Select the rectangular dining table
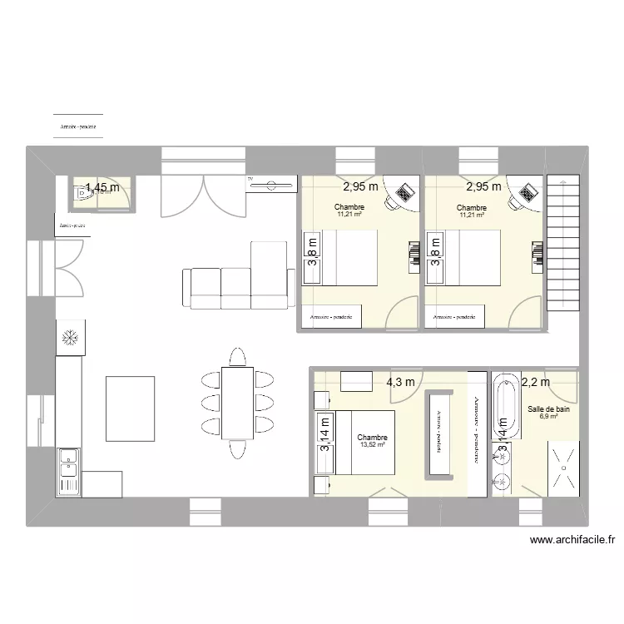[x=238, y=403]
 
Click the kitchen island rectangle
[x=130, y=408]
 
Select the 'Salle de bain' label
[x=548, y=409]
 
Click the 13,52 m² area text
[x=372, y=445]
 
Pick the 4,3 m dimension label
[x=400, y=382]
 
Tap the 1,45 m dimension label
[x=102, y=188]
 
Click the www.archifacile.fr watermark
[x=572, y=539]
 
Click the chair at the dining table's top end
[x=238, y=358]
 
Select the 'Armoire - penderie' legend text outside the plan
[x=77, y=127]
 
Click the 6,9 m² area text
[x=548, y=418]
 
